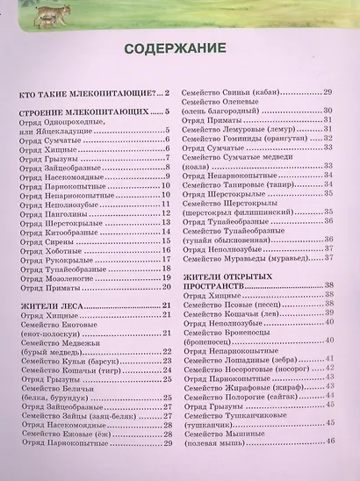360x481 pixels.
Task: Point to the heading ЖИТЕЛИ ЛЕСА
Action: click(53, 305)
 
